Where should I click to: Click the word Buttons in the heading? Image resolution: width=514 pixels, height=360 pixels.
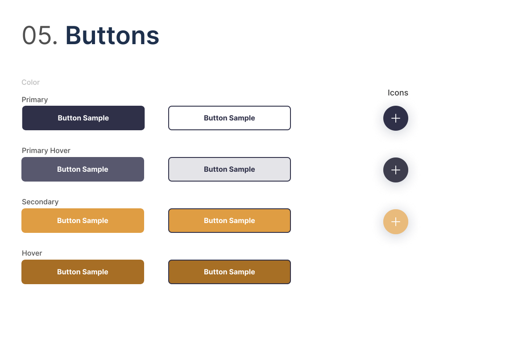coord(112,36)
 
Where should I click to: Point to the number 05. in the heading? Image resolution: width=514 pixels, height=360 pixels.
coord(40,36)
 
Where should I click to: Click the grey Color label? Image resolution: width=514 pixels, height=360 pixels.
coord(31,83)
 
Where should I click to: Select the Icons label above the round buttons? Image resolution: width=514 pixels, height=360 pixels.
coord(398,93)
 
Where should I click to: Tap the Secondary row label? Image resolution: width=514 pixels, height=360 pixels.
coord(40,202)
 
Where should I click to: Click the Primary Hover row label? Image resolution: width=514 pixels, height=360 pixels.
coord(46,151)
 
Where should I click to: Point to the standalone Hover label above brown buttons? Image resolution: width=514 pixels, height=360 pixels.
coord(32,253)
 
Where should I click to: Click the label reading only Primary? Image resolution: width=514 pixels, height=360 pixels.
coord(35,100)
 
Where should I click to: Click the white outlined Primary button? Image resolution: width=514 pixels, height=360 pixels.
coord(229,118)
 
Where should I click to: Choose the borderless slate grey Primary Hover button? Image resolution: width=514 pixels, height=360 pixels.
coord(83,170)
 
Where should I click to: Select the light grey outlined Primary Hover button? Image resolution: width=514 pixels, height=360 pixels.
coord(229,170)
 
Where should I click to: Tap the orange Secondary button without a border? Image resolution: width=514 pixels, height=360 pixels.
coord(83,221)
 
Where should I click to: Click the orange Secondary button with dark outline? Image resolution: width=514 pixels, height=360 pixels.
coord(229,221)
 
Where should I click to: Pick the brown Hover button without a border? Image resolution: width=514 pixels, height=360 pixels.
coord(83,272)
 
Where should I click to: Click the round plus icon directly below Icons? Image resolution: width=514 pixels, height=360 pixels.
coord(396,118)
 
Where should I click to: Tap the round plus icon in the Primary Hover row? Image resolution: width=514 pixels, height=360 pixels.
coord(396,170)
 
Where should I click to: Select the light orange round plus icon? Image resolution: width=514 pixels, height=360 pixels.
coord(396,222)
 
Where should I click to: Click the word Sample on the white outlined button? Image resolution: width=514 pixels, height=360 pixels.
coord(242,118)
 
